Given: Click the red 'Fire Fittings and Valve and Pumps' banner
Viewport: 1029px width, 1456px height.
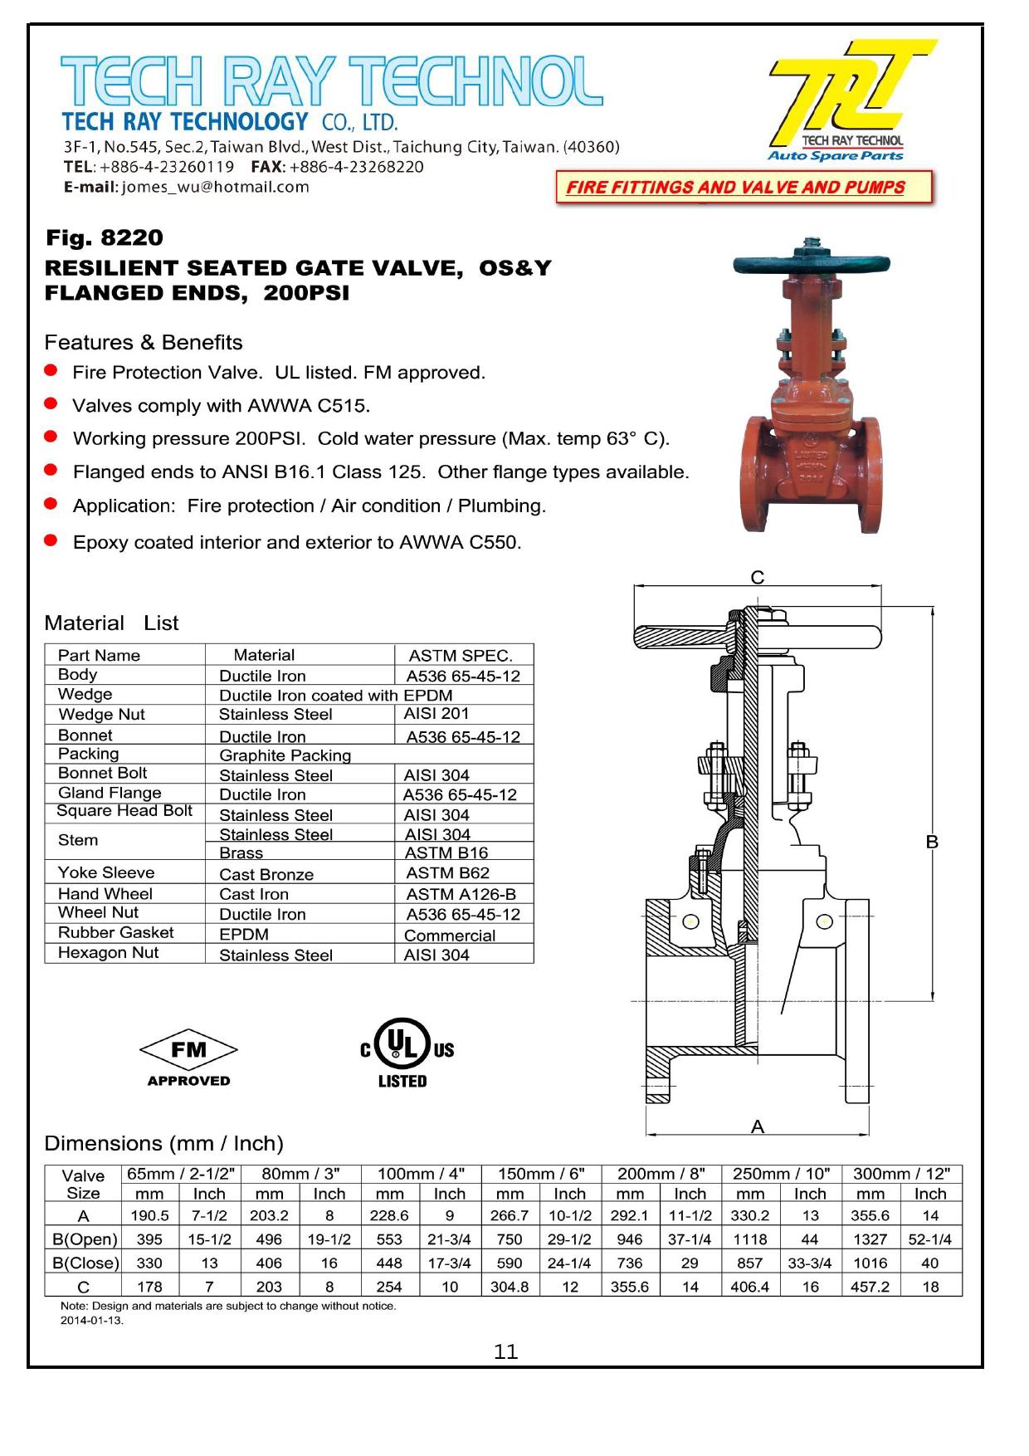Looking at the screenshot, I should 744,188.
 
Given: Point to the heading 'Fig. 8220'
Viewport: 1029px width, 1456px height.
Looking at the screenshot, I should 105,238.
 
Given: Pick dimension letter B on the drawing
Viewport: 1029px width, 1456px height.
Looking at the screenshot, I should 932,843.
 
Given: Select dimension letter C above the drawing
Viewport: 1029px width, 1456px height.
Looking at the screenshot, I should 757,578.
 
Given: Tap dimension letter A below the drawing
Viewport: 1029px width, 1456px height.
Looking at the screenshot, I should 757,1126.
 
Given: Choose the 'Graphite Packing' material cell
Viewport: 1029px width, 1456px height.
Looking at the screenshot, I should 285,755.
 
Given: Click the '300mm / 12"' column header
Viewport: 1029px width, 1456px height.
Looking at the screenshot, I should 901,1174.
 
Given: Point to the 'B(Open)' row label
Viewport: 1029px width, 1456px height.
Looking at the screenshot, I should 85,1239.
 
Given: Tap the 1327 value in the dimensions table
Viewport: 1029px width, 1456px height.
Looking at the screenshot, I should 870,1239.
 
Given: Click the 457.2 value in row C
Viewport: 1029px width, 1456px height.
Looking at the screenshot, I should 870,1287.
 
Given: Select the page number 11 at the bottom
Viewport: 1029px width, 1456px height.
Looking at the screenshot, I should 505,1352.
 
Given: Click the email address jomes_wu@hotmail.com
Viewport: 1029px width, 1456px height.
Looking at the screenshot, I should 215,188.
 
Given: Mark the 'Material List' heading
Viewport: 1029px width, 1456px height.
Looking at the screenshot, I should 111,623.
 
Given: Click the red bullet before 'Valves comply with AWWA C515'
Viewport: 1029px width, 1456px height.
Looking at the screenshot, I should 51,404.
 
